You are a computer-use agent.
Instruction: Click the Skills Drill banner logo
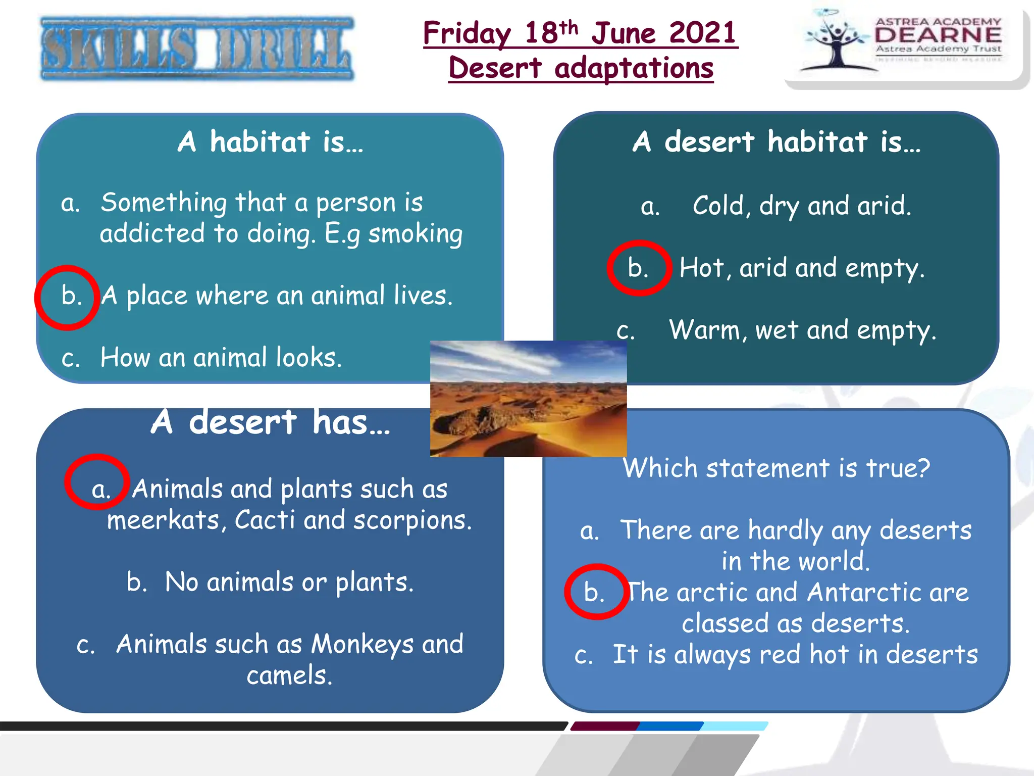(197, 49)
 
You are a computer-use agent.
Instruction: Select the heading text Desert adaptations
(581, 68)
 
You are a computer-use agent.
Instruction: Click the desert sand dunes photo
(528, 399)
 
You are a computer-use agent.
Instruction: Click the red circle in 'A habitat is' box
(67, 298)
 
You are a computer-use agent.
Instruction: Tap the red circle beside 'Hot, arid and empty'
(639, 268)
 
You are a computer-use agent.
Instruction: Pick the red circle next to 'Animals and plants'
(97, 481)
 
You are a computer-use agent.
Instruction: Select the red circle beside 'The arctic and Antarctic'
(597, 592)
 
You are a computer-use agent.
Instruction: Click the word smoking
(415, 234)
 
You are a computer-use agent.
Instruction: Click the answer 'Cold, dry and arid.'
(802, 206)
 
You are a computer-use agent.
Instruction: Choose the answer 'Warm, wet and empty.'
(803, 330)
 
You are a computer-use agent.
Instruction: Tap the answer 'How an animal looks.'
(221, 358)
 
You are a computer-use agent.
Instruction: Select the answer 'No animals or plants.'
(289, 582)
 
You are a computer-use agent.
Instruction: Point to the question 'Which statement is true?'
(776, 468)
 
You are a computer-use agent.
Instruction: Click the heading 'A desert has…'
(271, 422)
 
